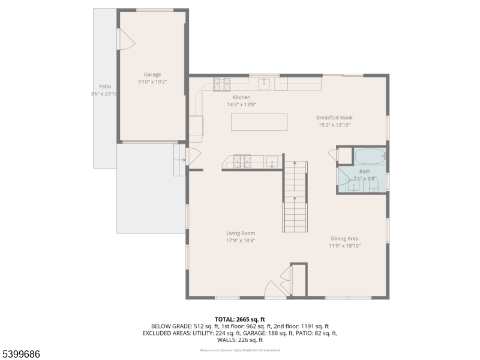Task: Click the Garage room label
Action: (x=152, y=74)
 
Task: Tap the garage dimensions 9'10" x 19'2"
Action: (x=152, y=82)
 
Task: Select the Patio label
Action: (x=105, y=86)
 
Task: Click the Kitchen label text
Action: (x=242, y=97)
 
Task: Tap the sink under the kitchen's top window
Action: (x=265, y=83)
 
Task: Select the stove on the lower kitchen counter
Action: (x=242, y=161)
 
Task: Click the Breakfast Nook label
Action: (x=333, y=118)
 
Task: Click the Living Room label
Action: (x=241, y=233)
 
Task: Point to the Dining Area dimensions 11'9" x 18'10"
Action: (x=344, y=245)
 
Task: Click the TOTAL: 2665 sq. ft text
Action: (x=240, y=319)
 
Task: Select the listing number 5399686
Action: (x=21, y=354)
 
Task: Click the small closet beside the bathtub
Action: (x=344, y=155)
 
